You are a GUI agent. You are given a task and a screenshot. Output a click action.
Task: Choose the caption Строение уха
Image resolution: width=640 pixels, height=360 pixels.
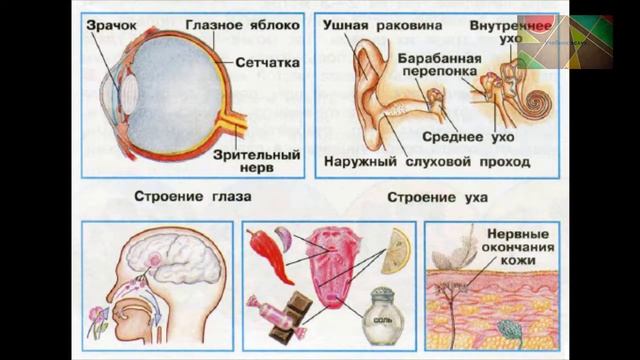coord(436,197)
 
